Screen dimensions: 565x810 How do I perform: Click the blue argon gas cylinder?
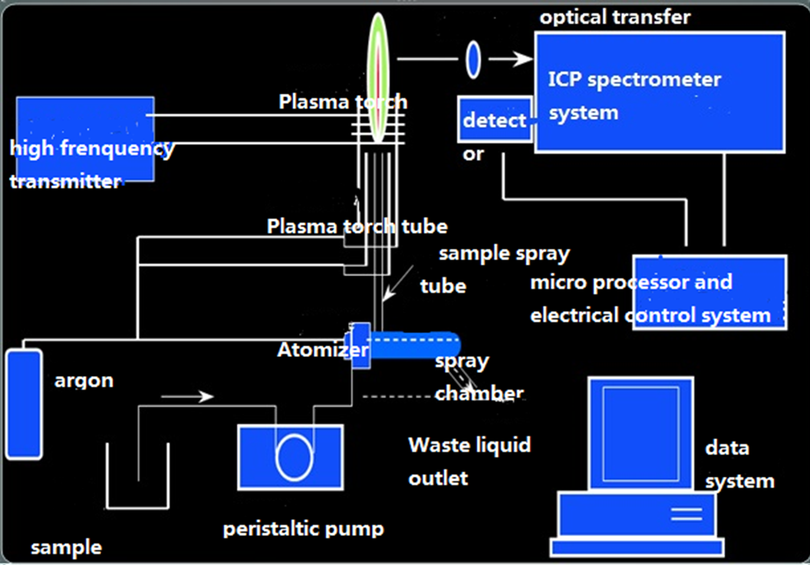click(24, 404)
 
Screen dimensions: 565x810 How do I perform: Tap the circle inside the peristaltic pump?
click(294, 457)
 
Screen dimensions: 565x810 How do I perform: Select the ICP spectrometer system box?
click(659, 92)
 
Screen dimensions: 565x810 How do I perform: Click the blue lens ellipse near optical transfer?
click(473, 60)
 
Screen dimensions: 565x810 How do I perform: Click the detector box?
click(495, 120)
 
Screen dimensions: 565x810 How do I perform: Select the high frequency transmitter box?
click(85, 139)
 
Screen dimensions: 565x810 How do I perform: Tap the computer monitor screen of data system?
click(640, 434)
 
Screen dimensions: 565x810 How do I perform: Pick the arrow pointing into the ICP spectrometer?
click(511, 59)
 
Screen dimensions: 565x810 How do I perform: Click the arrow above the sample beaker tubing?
click(187, 397)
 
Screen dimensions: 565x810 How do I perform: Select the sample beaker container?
click(137, 477)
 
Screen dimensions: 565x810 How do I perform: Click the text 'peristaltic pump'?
click(303, 528)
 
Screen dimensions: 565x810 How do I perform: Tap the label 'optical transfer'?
click(614, 17)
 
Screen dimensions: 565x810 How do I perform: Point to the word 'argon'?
click(84, 381)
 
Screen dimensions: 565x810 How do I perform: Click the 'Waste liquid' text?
click(469, 445)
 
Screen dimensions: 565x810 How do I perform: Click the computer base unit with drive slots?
click(637, 515)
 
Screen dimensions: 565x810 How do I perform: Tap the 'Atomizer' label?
click(322, 350)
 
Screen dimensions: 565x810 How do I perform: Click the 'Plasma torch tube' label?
click(357, 226)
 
